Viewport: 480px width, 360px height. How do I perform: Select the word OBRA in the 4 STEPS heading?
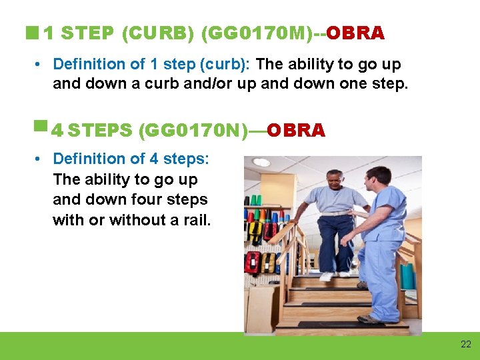point(295,130)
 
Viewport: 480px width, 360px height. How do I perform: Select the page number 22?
point(465,344)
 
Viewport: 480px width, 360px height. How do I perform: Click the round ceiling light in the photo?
point(261,162)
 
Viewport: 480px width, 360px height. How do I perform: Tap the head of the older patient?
point(334,179)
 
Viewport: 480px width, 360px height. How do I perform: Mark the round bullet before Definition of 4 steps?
point(39,159)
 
